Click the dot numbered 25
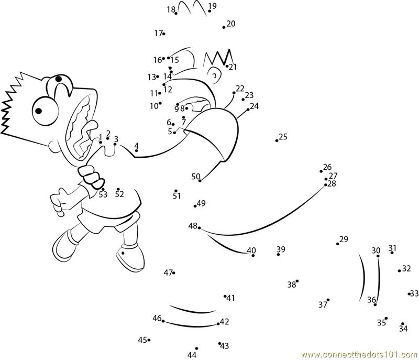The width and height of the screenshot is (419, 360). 277,140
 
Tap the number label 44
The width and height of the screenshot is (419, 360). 192,355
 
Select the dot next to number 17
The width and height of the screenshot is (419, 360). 163,34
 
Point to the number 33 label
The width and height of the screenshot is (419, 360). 414,293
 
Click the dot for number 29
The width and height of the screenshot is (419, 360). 338,244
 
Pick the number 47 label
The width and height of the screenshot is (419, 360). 168,273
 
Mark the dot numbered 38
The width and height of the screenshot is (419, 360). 297,281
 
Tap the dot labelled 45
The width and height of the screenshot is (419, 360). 149,340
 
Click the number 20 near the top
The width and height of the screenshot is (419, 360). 231,24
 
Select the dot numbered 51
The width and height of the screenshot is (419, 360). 176,191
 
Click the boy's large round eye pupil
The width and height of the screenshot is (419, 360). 39,111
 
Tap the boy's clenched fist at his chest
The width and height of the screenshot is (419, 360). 91,177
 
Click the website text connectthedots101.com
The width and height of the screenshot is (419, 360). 360,355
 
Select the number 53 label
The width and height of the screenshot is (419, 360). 103,194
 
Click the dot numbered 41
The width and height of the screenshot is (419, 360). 225,296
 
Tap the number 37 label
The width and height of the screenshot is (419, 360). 323,304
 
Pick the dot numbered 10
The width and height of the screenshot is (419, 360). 160,103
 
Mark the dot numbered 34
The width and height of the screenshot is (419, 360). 403,324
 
